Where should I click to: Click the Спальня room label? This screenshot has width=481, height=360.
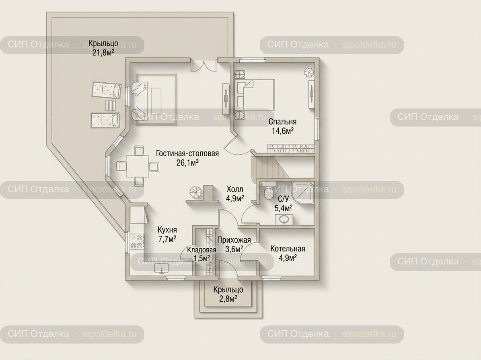pyautogui.click(x=282, y=122)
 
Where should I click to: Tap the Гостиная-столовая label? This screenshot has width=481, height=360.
pyautogui.click(x=187, y=153)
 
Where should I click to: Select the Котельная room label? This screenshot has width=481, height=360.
pyautogui.click(x=288, y=248)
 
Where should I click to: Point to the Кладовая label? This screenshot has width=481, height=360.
pyautogui.click(x=201, y=250)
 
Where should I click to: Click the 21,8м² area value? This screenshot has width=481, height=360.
pyautogui.click(x=103, y=52)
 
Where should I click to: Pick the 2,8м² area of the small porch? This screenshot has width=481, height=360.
pyautogui.click(x=228, y=299)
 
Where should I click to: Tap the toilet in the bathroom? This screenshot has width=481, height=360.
pyautogui.click(x=268, y=191)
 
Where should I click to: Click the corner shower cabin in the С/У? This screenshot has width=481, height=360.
pyautogui.click(x=303, y=193)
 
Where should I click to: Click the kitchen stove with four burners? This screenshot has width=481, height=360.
pyautogui.click(x=137, y=241)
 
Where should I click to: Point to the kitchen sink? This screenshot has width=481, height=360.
pyautogui.click(x=161, y=269)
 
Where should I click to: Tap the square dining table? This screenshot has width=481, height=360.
pyautogui.click(x=138, y=166)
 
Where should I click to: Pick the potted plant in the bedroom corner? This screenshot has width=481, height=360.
pyautogui.click(x=309, y=73)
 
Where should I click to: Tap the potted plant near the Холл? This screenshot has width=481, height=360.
pyautogui.click(x=195, y=192)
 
